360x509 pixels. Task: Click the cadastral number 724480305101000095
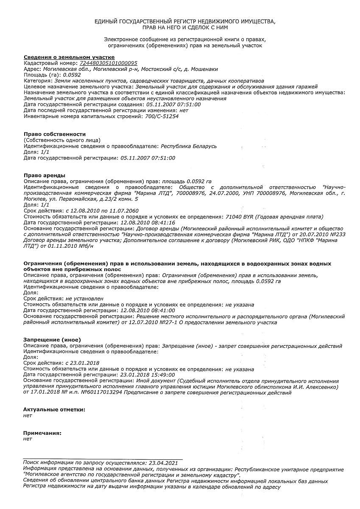(x=109, y=63)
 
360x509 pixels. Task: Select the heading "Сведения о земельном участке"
(x=69, y=57)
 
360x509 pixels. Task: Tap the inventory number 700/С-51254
(x=162, y=116)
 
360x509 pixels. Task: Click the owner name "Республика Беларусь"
(x=189, y=146)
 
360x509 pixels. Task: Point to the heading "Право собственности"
(x=55, y=134)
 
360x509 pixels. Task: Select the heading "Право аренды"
(x=45, y=175)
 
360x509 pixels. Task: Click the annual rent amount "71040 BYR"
(x=240, y=216)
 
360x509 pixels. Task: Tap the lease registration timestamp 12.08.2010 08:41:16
(x=148, y=222)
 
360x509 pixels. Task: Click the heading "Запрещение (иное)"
(x=52, y=340)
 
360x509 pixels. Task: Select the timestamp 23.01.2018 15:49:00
(x=148, y=375)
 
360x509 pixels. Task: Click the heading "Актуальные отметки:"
(x=54, y=409)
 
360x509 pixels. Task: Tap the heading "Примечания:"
(x=42, y=433)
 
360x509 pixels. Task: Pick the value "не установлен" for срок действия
(x=85, y=299)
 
